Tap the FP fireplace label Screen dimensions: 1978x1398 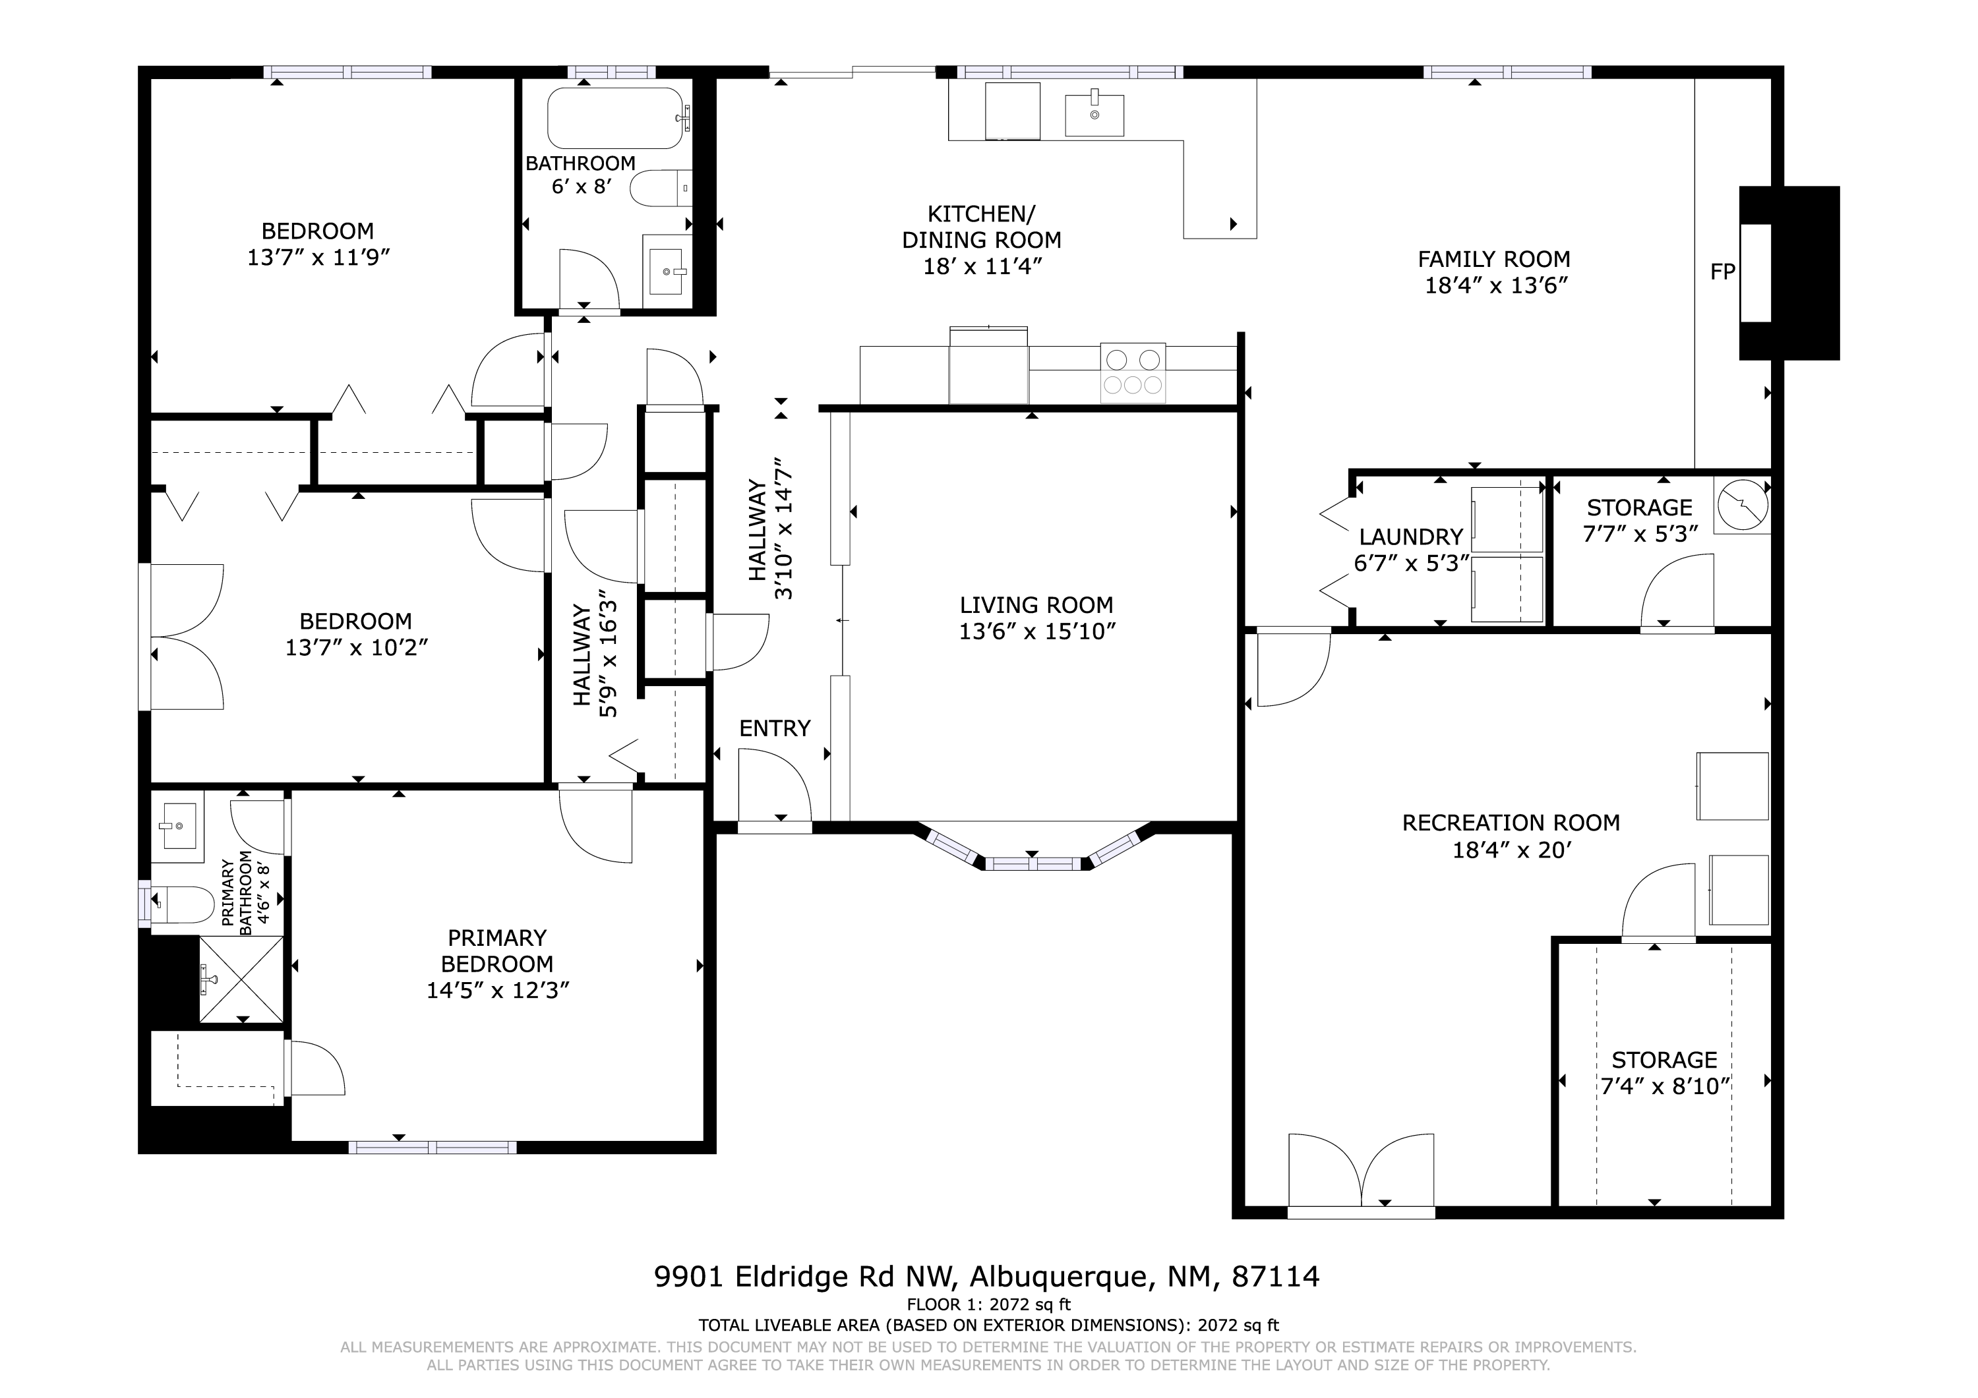click(1722, 272)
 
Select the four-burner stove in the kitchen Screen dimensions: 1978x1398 click(1133, 372)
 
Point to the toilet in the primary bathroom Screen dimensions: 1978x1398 click(183, 904)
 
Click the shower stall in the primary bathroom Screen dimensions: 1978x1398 click(241, 979)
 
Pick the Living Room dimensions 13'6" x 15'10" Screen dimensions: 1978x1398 click(1037, 631)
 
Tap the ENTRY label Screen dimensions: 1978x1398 click(775, 729)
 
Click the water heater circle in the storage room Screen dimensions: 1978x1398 click(1741, 506)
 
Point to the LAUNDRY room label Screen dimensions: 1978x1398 click(1411, 537)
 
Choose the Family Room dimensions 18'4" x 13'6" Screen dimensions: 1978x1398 click(1495, 285)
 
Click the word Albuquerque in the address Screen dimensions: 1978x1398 click(1062, 1277)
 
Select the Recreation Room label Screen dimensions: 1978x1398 click(1511, 823)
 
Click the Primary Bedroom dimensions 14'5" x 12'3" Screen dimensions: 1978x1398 click(498, 991)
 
